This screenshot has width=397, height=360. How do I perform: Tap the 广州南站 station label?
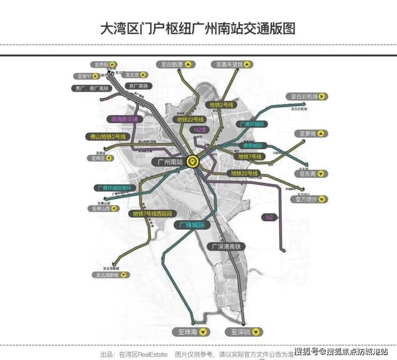[167, 161]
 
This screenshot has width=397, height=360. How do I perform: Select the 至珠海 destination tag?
[192, 332]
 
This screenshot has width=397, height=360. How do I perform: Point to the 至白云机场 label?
[308, 97]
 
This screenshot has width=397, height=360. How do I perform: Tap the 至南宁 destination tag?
[87, 76]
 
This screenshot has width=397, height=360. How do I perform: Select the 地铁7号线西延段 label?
[153, 214]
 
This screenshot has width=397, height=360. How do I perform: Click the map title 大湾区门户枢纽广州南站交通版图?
[198, 28]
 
